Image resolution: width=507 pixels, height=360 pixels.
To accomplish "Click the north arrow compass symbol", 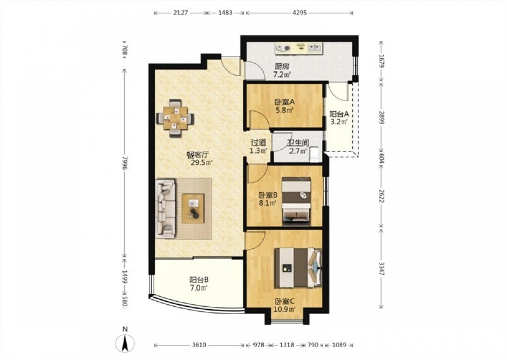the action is coord(125,343).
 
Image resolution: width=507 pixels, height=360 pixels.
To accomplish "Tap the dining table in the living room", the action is coord(175,118).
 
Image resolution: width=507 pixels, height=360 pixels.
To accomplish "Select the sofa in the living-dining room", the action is coord(166,208).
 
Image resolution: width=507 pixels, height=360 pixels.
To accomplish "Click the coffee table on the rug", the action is coord(193,208).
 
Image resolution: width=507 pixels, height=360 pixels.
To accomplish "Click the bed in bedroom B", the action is coord(296,201).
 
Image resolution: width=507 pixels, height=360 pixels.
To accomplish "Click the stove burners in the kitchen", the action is coord(282,49).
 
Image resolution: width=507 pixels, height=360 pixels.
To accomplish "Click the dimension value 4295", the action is coord(300,13).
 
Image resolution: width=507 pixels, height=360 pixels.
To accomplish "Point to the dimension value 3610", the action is coord(199,345).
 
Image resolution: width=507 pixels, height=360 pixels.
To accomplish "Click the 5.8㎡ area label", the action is coord(284,111).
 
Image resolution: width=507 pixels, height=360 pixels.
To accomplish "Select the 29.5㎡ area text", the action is coord(201,163).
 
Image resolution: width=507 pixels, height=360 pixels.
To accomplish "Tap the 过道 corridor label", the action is coord(259,142).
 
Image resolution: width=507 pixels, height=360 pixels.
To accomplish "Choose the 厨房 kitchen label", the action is coord(282,67).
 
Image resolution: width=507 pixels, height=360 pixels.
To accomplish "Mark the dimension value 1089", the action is coord(339,345).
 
